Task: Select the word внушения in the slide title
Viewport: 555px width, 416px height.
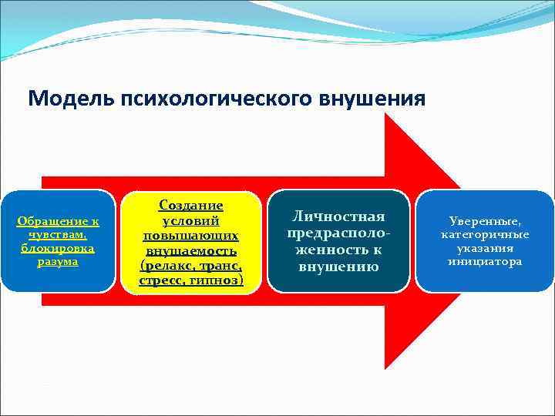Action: coord(375,99)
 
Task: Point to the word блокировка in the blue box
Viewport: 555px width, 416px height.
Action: coord(58,248)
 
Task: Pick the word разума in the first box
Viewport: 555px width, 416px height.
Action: coord(58,261)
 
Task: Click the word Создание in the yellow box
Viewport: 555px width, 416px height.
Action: coord(190,205)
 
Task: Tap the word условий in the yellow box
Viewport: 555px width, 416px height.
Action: coord(190,220)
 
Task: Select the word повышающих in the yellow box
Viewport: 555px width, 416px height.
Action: coord(190,236)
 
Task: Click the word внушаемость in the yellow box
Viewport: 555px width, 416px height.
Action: coord(190,251)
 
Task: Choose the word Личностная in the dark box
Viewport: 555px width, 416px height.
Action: coord(338,216)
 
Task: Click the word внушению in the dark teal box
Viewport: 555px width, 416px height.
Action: coord(338,267)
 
